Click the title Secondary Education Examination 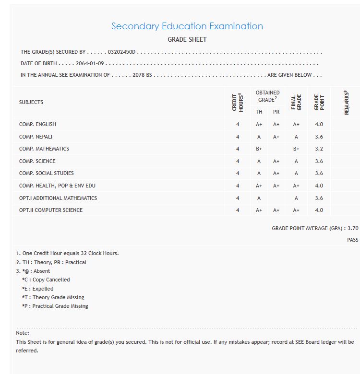pos(187,26)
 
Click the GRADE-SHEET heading pos(187,39)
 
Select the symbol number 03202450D pos(122,52)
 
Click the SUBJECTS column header pos(31,102)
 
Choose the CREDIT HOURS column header pos(238,103)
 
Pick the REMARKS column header pos(346,103)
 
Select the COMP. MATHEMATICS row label pos(44,149)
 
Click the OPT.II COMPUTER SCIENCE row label pos(51,210)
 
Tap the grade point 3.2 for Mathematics pos(319,149)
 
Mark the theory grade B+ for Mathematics pos(259,149)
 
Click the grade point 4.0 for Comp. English pos(319,124)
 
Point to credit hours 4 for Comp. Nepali pos(238,137)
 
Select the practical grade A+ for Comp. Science pos(276,161)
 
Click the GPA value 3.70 pos(353,229)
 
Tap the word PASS pos(352,240)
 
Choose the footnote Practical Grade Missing pos(55,306)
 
